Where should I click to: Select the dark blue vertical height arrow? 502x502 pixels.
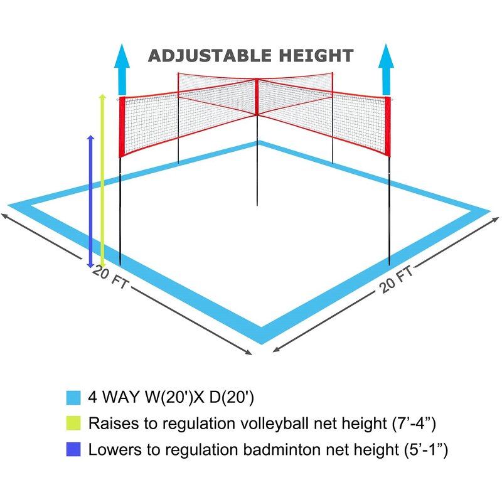pos(91,201)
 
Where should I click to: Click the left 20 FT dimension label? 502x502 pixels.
pos(110,278)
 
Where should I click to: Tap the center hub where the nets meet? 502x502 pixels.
pos(257,80)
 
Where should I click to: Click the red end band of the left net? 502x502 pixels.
pos(122,125)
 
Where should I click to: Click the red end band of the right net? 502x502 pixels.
pos(388,125)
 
